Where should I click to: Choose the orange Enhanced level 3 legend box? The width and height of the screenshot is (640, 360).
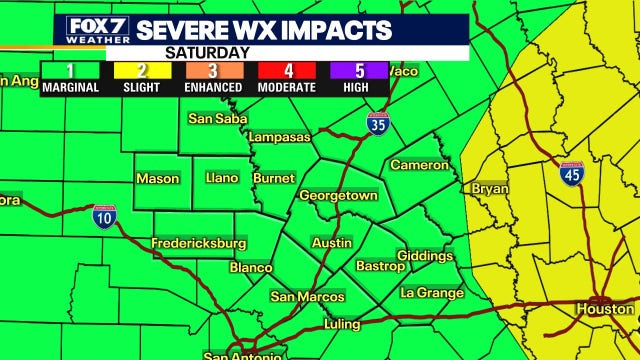point(212,71)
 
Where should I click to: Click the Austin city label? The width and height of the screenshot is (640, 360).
point(331,243)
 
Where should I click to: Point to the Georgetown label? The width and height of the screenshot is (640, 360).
point(338,196)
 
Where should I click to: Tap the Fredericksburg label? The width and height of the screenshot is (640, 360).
point(198,243)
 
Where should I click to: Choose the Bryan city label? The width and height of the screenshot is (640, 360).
point(490,188)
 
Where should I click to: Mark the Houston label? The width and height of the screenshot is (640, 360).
point(604,309)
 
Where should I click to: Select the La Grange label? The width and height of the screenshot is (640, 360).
point(431,293)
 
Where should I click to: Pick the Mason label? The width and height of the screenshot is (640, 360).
point(157,179)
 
